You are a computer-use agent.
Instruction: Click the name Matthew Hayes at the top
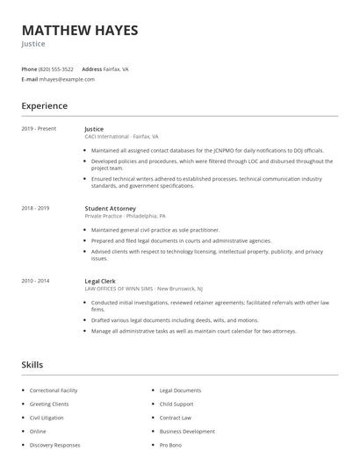coord(80,30)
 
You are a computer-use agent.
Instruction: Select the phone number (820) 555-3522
coord(56,68)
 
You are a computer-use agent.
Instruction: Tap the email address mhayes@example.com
coord(67,79)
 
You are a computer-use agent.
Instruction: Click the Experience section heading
coord(44,106)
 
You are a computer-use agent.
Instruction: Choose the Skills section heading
coord(32,364)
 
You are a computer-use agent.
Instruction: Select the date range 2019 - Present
coord(39,129)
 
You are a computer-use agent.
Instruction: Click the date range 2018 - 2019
coord(35,208)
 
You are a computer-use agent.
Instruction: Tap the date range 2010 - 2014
coord(35,281)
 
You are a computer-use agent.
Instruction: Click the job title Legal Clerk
coord(99,281)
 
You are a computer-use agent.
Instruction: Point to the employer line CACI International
coord(121,137)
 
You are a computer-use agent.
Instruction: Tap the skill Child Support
coord(176,404)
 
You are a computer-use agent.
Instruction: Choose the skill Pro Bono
coord(170,446)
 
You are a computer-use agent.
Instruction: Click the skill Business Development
coord(186,432)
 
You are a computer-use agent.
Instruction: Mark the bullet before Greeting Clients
coord(22,404)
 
